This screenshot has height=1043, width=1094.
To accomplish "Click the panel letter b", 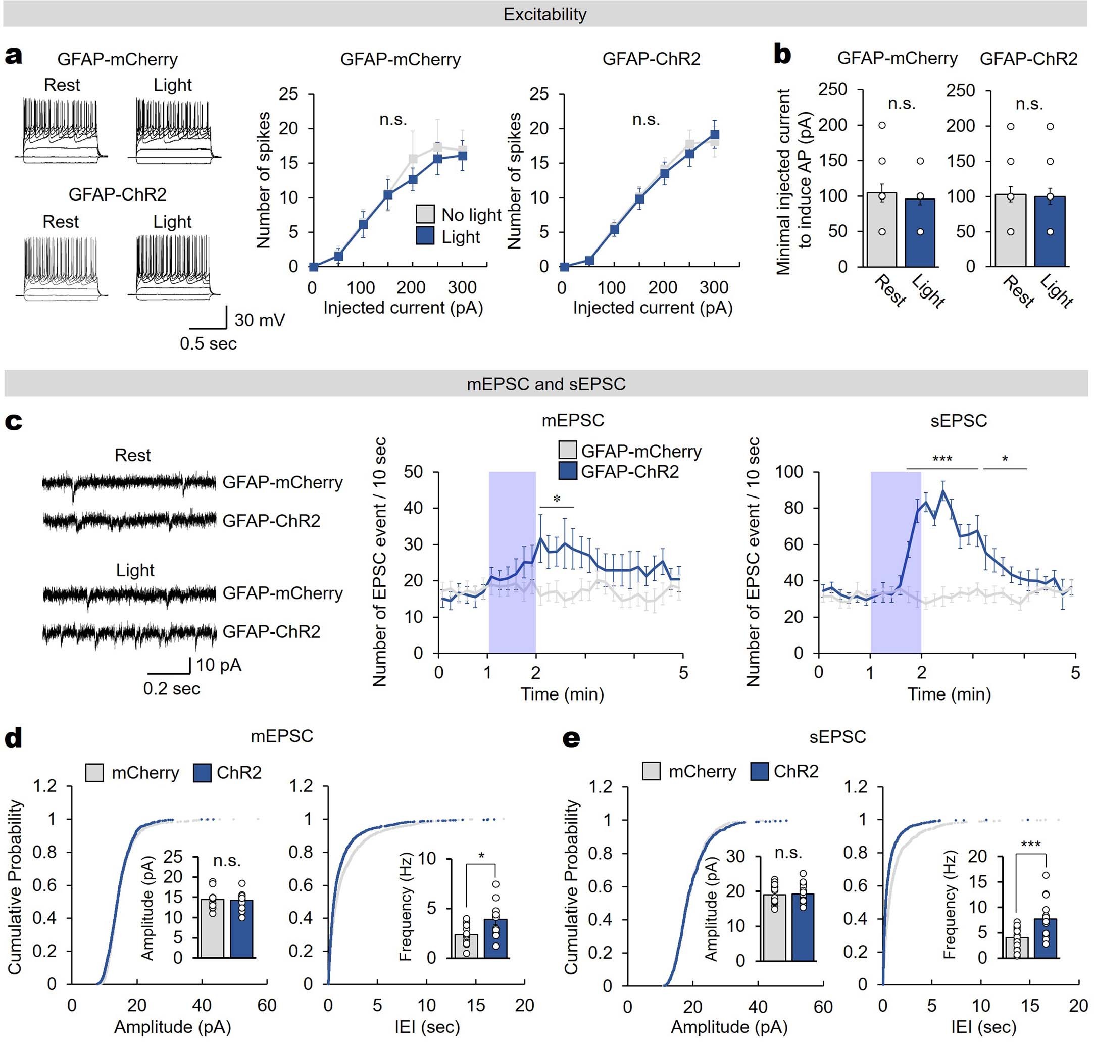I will point(782,56).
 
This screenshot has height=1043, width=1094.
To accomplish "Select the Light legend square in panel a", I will point(425,236).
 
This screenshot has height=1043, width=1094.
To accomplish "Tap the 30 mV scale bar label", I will point(260,320).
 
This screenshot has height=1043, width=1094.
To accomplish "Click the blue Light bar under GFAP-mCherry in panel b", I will point(920,233).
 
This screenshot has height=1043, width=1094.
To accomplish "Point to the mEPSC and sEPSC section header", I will point(546,384).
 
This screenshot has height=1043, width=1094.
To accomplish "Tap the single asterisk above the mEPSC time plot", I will point(557,499).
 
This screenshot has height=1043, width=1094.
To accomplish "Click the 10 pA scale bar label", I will point(219,665).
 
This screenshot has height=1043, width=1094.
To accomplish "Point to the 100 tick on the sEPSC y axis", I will point(789,472).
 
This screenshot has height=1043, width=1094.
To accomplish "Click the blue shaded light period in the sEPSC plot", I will point(895,562).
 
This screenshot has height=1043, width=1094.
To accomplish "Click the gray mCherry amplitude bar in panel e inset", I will point(774,927).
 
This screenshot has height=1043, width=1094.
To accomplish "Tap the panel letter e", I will point(571,738).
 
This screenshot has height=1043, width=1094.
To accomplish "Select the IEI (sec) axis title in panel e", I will point(983,1026).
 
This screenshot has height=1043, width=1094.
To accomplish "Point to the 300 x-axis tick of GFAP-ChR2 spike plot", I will point(714,287).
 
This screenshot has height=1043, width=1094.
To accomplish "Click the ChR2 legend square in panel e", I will point(759,771).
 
